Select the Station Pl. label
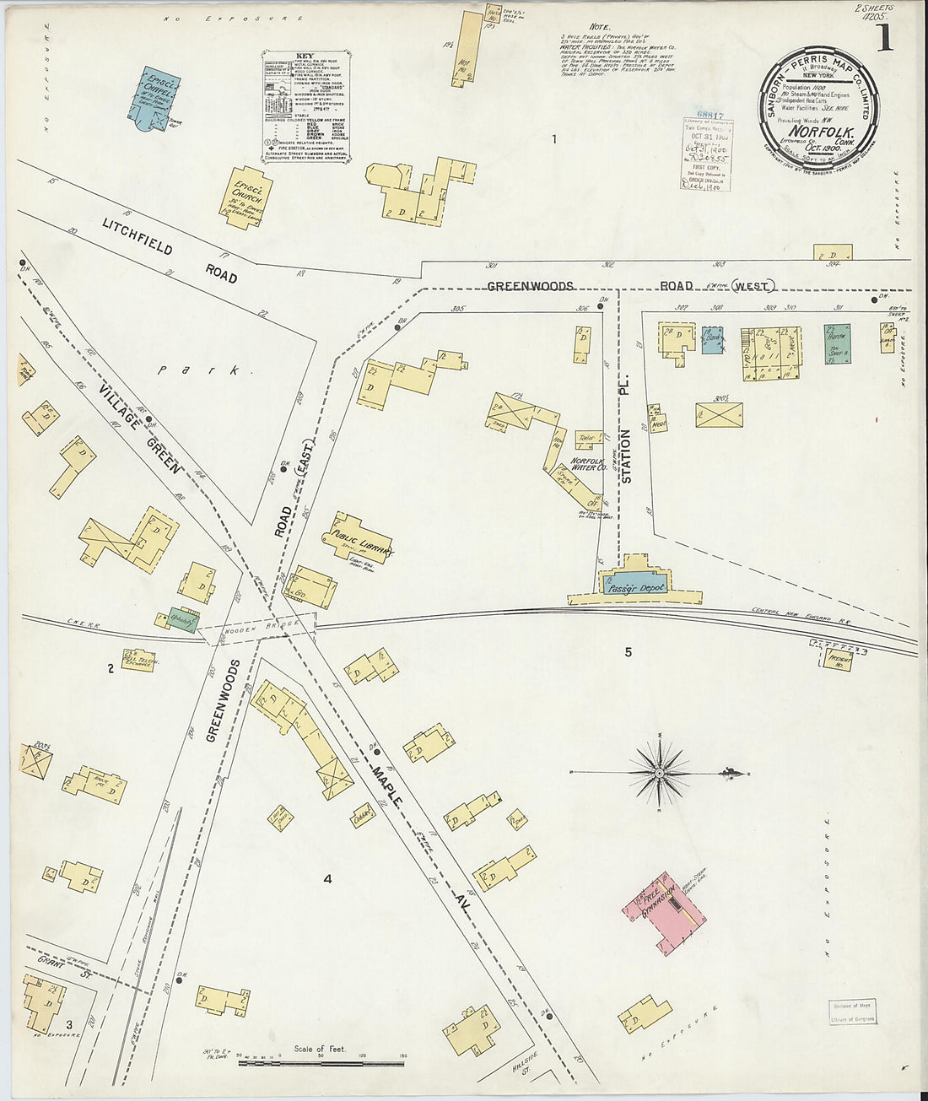tap(626, 456)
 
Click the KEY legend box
tap(305, 106)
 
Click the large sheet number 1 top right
tap(883, 38)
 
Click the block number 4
tap(327, 879)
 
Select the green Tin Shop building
tap(836, 344)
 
